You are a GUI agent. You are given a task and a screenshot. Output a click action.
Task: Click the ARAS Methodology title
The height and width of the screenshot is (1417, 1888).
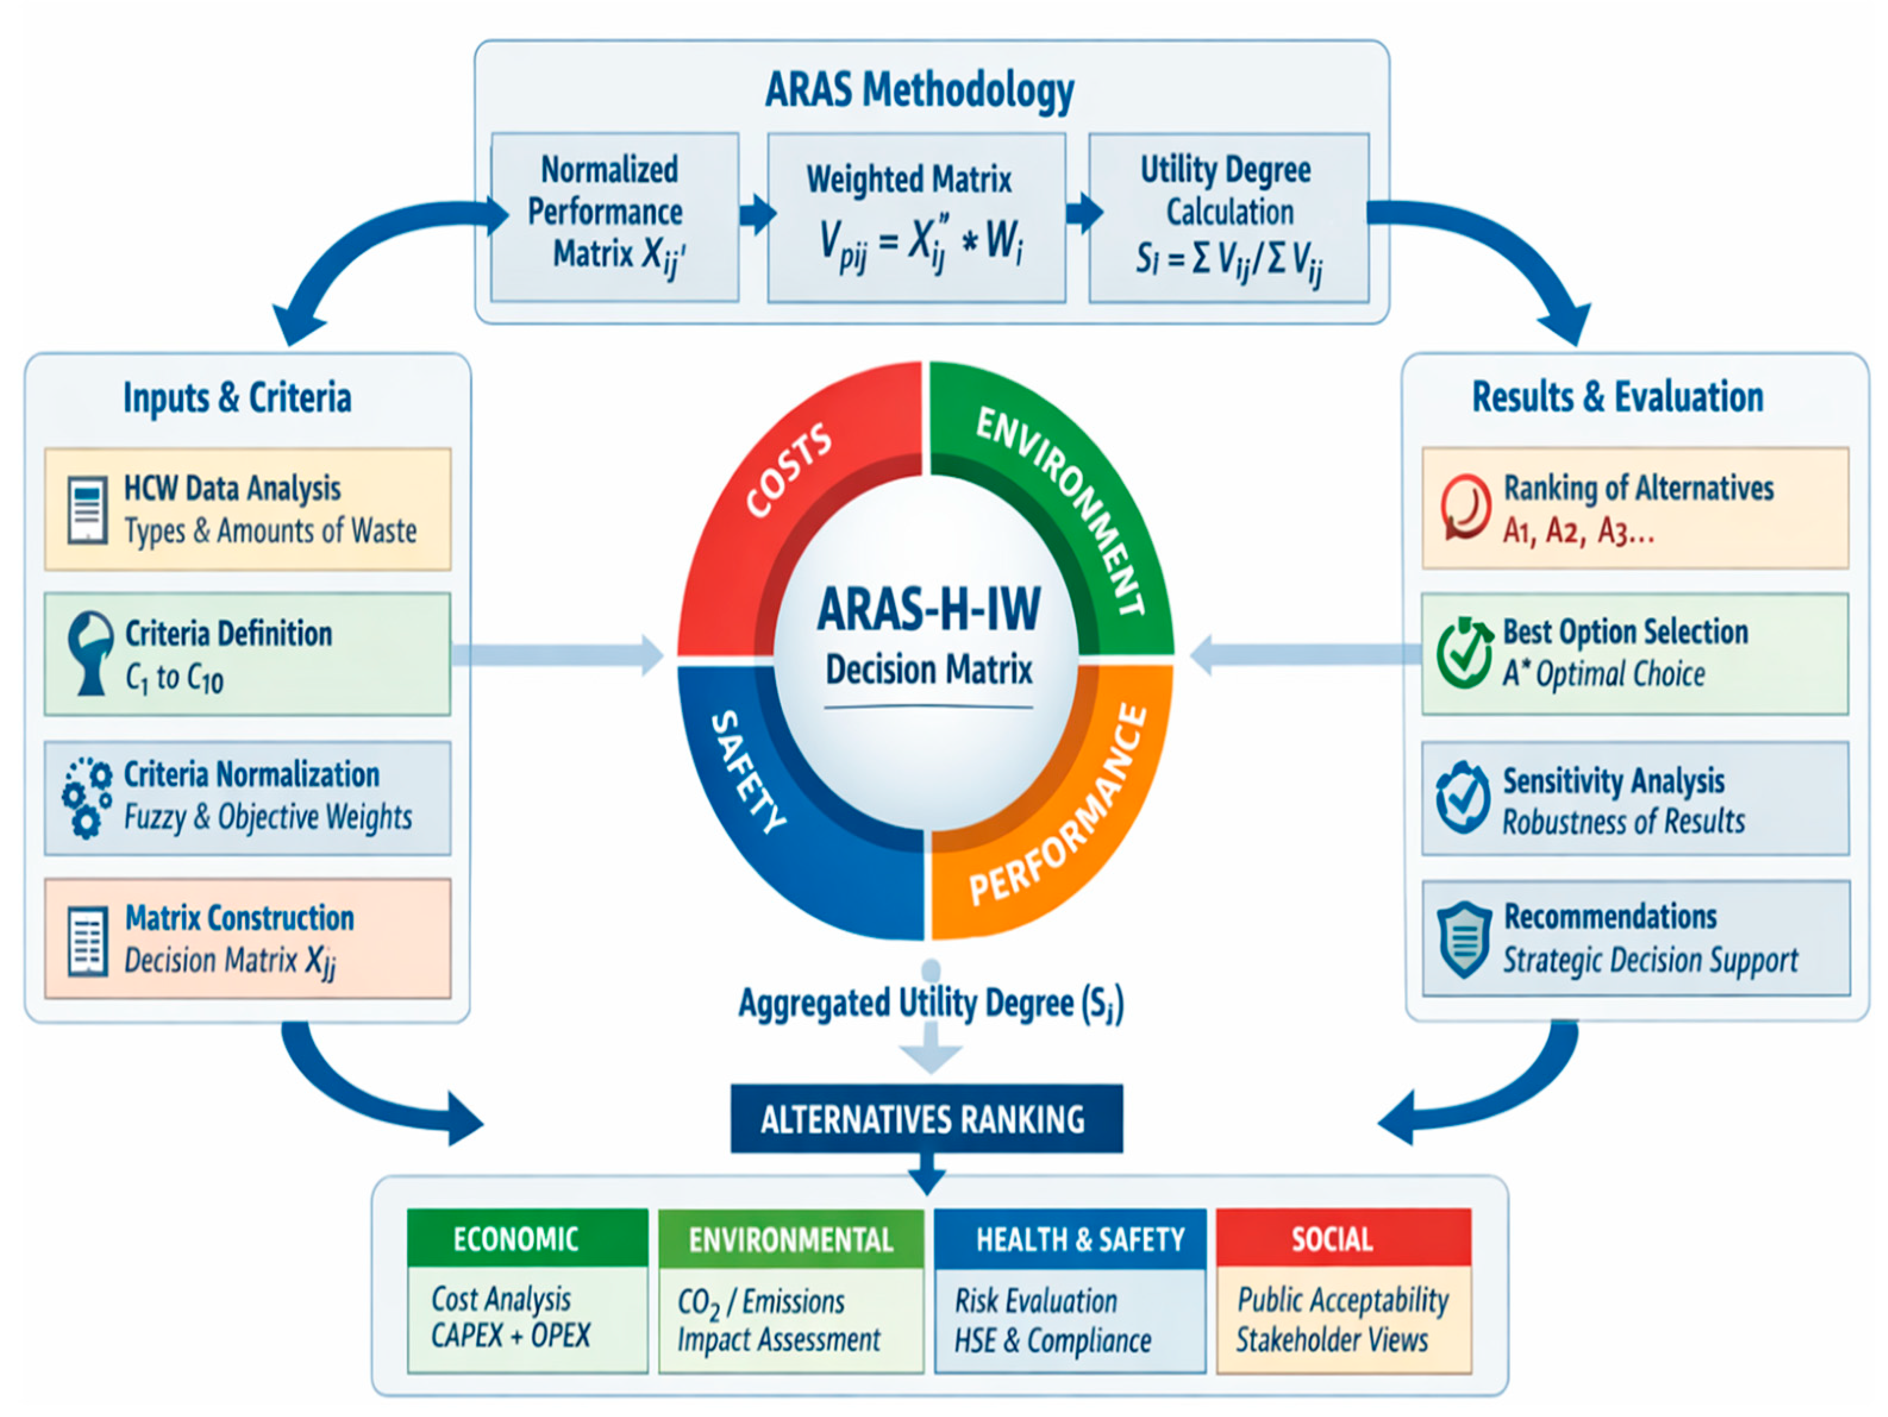click(x=919, y=90)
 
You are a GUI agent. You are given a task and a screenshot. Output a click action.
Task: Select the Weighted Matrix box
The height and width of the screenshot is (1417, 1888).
click(x=917, y=218)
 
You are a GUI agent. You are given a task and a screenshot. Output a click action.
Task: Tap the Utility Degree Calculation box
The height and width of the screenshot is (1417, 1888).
click(x=1229, y=218)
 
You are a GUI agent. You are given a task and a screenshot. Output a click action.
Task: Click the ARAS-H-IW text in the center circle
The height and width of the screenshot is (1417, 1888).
click(x=929, y=609)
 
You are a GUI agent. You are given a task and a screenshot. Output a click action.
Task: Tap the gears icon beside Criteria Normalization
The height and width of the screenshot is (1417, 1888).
click(x=86, y=797)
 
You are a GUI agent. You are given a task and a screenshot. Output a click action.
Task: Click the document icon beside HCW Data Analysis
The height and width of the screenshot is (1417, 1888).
click(x=87, y=510)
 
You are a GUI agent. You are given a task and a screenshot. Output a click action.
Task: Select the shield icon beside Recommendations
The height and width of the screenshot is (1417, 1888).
click(x=1464, y=940)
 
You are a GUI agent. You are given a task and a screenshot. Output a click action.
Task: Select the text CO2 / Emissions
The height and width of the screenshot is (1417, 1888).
click(x=760, y=1302)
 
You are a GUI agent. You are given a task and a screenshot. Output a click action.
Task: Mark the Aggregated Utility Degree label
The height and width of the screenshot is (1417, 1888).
click(x=931, y=1003)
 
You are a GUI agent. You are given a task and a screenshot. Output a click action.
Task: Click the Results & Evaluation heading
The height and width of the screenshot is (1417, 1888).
click(x=1617, y=397)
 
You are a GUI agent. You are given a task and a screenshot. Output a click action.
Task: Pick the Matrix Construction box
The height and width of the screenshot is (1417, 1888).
click(x=248, y=938)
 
